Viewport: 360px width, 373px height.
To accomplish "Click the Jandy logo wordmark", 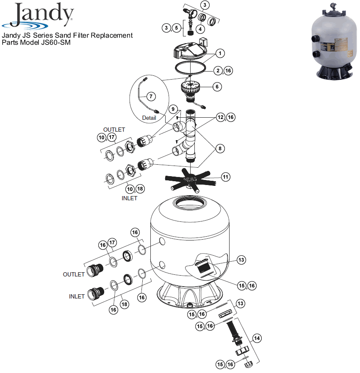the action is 44,14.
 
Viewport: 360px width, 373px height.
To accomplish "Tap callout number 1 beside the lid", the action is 220,53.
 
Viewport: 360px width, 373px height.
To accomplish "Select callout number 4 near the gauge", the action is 200,29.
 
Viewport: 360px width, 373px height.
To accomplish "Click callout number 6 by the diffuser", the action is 217,87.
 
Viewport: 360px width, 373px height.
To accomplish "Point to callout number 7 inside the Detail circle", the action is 151,97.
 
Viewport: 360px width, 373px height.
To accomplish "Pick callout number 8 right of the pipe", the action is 220,149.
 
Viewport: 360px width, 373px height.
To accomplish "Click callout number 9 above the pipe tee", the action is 173,109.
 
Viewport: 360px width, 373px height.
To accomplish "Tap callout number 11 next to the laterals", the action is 226,177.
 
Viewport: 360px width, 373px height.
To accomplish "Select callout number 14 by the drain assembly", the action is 257,338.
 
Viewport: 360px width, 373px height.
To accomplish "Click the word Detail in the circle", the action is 149,118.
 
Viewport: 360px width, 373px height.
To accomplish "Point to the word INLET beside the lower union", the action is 77,296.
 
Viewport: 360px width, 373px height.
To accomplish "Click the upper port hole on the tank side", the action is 162,241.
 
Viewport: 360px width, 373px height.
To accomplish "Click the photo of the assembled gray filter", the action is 335,41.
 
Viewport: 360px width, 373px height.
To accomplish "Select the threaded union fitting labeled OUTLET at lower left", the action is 95,270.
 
